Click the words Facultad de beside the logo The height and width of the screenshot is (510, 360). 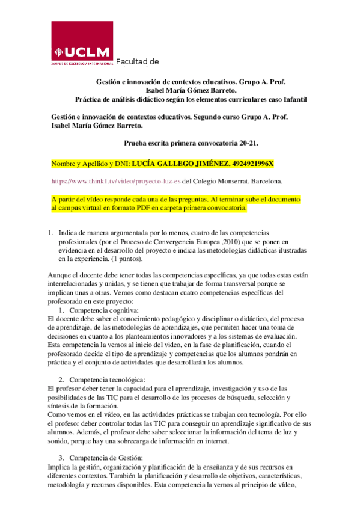tap(137, 61)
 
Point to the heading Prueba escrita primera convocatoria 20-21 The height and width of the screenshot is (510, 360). tap(191, 143)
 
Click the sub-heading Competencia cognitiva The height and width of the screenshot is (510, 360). tap(103, 310)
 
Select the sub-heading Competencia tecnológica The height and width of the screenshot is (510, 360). tap(107, 380)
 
